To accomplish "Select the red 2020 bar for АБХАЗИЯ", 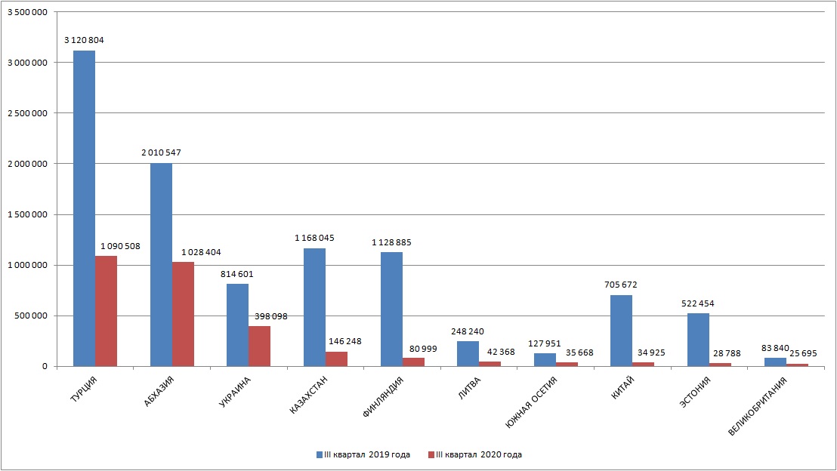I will (x=183, y=314).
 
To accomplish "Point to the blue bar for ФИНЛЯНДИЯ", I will (x=391, y=309).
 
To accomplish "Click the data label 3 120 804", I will (x=84, y=39).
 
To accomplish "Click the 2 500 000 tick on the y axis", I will (x=26, y=113).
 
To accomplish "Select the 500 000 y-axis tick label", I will (x=29, y=316).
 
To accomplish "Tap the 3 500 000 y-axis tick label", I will (x=26, y=12).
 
